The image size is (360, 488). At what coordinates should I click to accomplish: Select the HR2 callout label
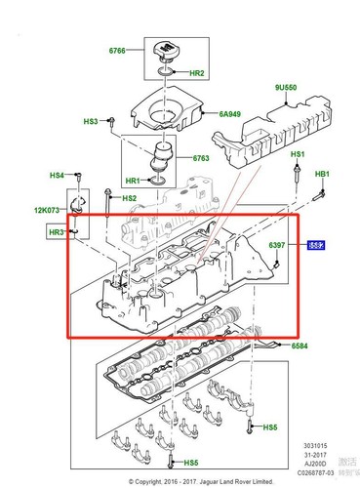tap(196, 73)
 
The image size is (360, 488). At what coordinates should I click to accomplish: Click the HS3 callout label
tap(91, 122)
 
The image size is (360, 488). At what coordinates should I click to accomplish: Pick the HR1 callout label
tap(133, 181)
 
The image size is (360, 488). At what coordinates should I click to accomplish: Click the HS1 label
tap(297, 156)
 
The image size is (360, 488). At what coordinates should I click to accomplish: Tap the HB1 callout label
tap(323, 175)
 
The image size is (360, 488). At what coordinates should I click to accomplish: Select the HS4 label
tap(57, 176)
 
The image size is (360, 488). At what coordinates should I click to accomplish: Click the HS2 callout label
tap(130, 199)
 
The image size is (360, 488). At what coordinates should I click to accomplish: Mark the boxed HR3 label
tap(56, 232)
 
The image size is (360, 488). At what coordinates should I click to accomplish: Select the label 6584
tap(299, 346)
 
